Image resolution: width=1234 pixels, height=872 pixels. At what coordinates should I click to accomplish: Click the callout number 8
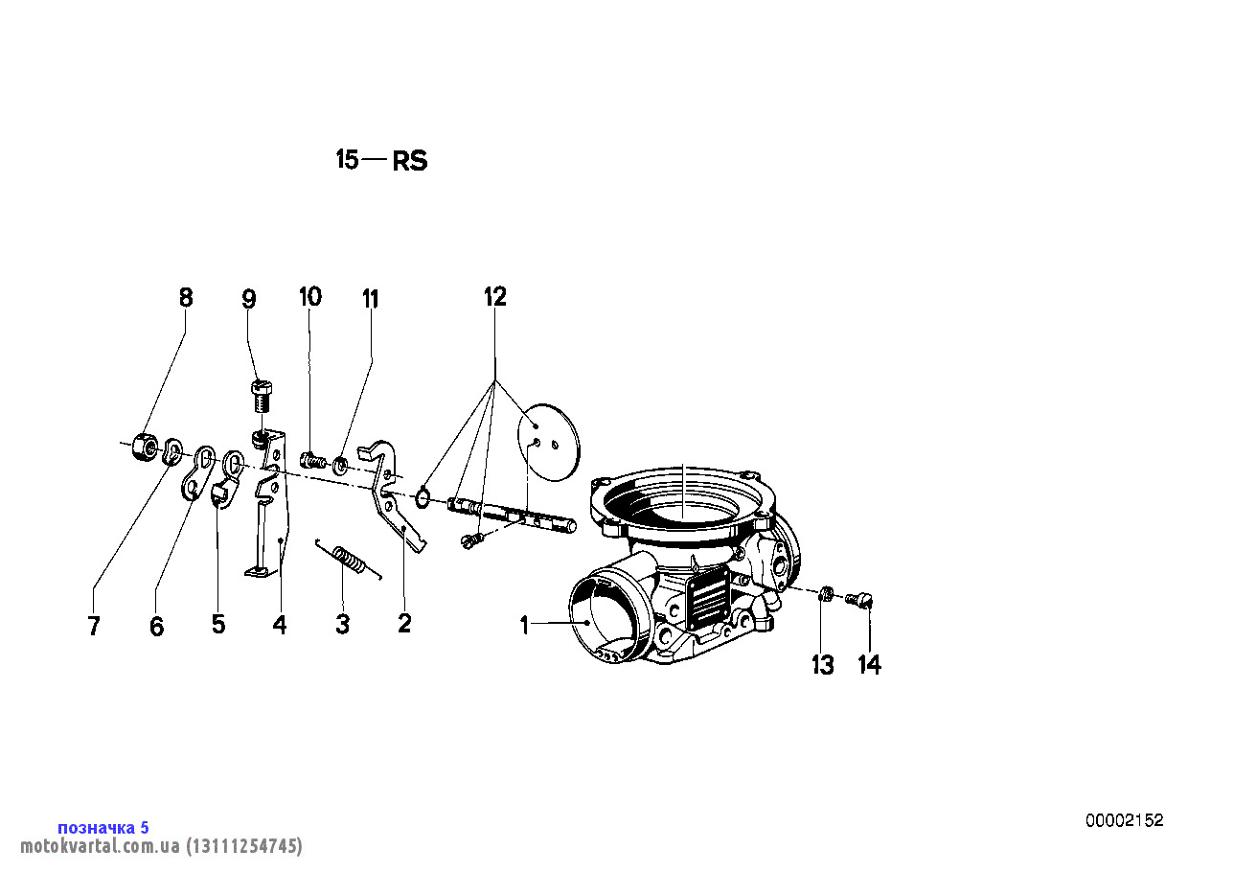(x=186, y=297)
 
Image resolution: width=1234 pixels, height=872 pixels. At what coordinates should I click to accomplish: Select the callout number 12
(x=494, y=297)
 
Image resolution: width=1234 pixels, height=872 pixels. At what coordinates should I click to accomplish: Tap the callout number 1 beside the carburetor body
(x=524, y=626)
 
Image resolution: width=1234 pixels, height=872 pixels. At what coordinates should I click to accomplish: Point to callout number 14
(x=870, y=665)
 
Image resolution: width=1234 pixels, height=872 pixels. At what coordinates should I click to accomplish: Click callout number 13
(x=823, y=665)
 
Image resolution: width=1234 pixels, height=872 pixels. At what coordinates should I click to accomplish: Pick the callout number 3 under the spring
(x=343, y=625)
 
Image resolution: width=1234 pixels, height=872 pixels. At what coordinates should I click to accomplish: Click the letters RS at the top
(x=410, y=161)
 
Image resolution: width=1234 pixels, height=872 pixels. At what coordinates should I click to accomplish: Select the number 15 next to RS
(x=348, y=159)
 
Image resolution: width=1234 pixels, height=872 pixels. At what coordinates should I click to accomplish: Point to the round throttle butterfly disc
(x=549, y=442)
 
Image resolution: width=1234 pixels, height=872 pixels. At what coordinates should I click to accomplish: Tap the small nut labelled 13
(x=825, y=594)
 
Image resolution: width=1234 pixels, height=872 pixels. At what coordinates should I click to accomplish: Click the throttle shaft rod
(x=513, y=514)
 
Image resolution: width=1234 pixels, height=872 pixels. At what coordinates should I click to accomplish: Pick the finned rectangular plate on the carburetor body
(x=710, y=599)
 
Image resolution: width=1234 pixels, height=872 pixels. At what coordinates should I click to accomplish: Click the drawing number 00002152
(x=1125, y=821)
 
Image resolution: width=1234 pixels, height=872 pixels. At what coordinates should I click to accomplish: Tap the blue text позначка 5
(x=103, y=828)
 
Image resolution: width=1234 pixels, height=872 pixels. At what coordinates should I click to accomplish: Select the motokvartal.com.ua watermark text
(x=161, y=846)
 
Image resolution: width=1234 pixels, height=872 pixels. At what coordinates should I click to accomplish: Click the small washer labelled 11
(x=341, y=466)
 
